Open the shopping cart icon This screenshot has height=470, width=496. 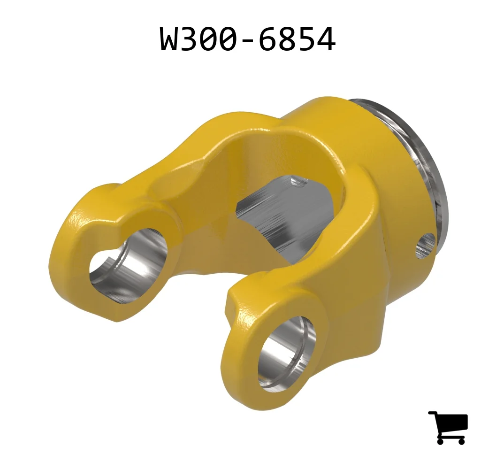pyautogui.click(x=448, y=428)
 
